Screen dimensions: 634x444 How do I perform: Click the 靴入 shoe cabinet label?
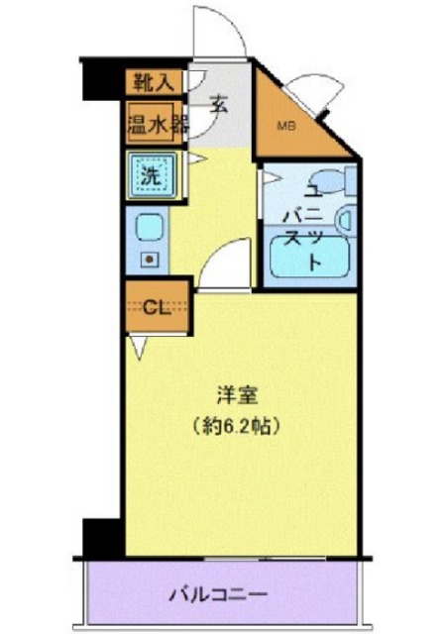pos(151,82)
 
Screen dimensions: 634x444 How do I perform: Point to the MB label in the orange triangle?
pos(285,127)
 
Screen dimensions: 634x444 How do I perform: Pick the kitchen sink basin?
pos(149,229)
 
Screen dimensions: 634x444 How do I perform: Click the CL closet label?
pos(155,306)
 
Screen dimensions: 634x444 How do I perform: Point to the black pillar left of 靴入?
pos(101,77)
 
